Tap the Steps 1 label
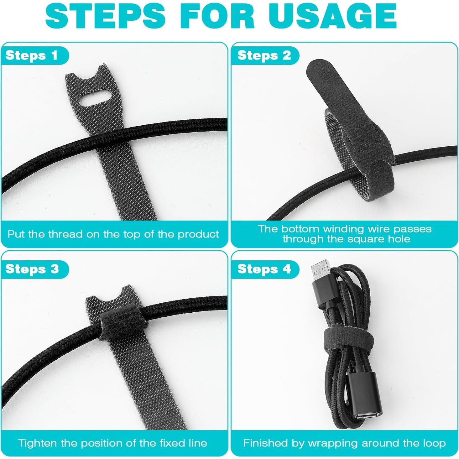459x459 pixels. (32, 55)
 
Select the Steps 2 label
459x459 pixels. (264, 55)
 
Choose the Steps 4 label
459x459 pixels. (264, 269)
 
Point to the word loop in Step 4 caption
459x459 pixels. (435, 443)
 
